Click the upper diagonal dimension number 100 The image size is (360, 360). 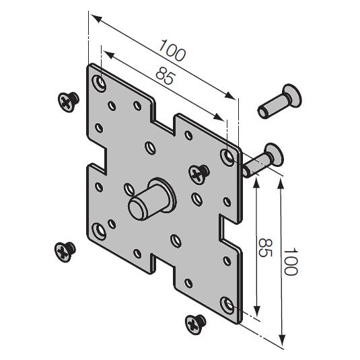click(172, 50)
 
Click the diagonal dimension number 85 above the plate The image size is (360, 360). click(164, 75)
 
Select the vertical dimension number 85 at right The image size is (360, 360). click(265, 248)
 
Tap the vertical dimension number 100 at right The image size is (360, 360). click(291, 261)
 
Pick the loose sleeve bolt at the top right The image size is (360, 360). click(280, 101)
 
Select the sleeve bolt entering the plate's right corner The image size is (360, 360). click(264, 161)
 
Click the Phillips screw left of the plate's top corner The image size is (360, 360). click(69, 102)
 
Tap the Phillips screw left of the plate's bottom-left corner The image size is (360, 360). click(65, 252)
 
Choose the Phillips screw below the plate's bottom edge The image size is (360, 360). click(195, 324)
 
